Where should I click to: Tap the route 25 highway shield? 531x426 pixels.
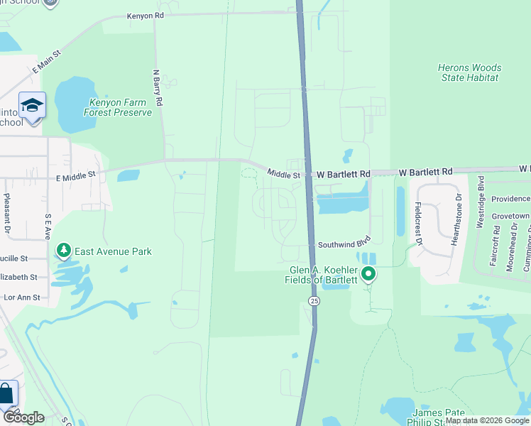tap(313, 301)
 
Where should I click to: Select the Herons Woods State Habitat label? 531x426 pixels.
tap(469, 72)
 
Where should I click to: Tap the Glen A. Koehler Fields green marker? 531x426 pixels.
tap(368, 273)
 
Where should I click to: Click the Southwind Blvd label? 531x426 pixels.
tap(344, 243)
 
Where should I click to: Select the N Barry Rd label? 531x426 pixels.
tap(158, 87)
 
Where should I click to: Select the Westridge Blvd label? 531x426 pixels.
tap(481, 202)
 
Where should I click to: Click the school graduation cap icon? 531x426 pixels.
tap(32, 106)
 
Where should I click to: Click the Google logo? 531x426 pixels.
tap(23, 417)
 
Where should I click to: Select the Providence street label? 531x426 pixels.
tap(510, 199)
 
